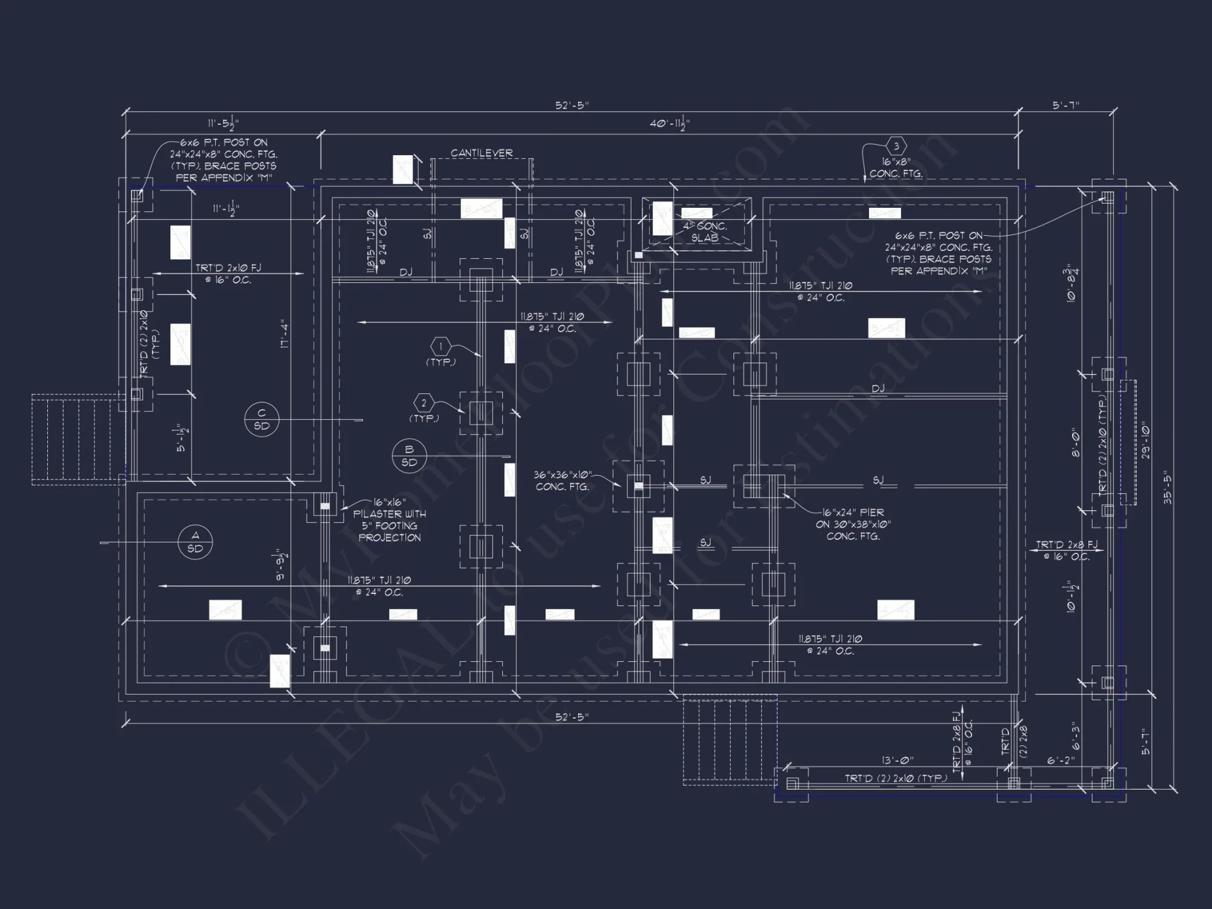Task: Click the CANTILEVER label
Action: point(482,153)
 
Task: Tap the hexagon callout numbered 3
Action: point(896,146)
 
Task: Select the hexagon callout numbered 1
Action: point(441,347)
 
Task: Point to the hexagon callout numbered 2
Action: point(424,403)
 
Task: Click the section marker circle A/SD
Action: point(195,542)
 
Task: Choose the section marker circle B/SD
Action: point(409,456)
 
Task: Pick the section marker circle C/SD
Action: point(262,419)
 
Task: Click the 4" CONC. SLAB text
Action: point(705,232)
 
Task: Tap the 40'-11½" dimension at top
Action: point(670,124)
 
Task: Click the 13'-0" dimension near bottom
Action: point(897,760)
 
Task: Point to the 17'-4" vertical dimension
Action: point(285,333)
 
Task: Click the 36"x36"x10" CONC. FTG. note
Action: point(562,481)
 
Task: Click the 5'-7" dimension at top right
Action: point(1066,105)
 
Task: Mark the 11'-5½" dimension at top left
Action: point(223,124)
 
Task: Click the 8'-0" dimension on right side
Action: point(1076,444)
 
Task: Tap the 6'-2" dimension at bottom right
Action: point(1060,760)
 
